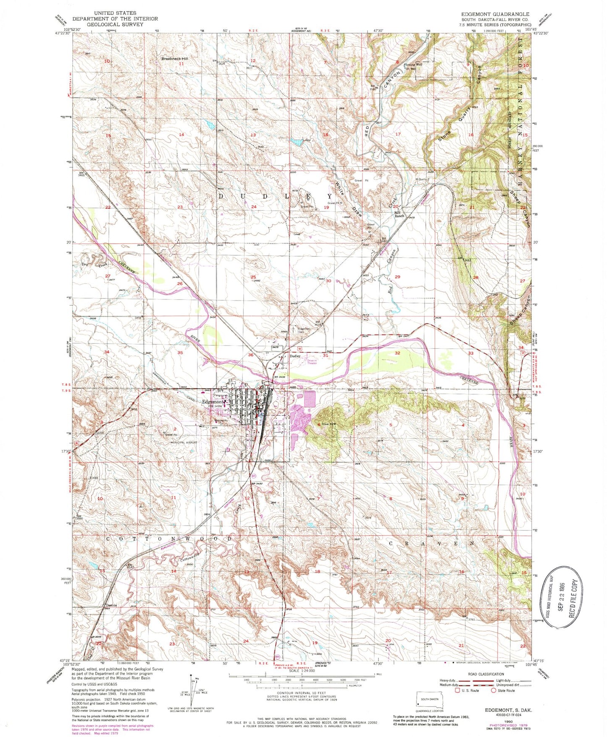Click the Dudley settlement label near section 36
click(x=295, y=356)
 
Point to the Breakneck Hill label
click(x=175, y=59)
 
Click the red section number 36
click(x=251, y=355)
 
